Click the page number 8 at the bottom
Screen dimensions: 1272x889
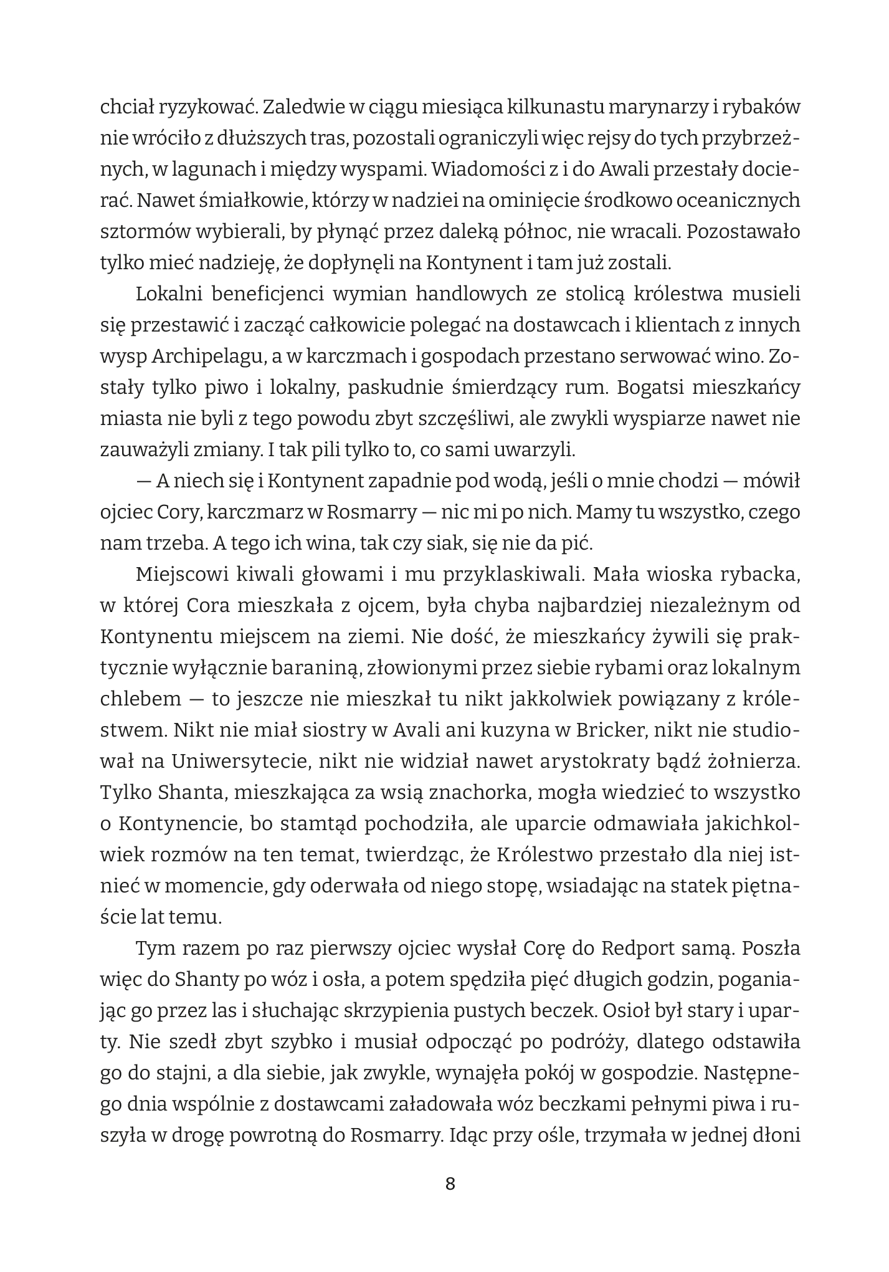[450, 1184]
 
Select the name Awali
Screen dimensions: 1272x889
[598, 169]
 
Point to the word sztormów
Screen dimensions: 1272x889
[138, 232]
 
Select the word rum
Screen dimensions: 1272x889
[587, 387]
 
